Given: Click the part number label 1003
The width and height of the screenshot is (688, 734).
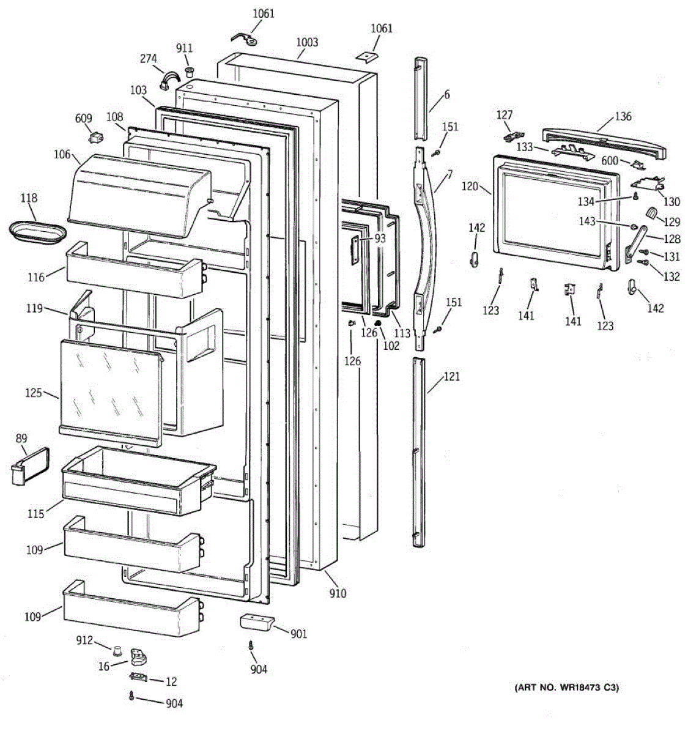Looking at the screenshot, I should point(307,42).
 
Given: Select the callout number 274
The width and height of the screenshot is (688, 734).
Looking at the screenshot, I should point(149,59).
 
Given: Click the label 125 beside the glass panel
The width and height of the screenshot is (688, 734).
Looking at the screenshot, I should point(34,393).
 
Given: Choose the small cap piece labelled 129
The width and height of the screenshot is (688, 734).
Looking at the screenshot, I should point(652,213).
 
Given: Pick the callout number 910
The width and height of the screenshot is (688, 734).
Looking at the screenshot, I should point(338,593).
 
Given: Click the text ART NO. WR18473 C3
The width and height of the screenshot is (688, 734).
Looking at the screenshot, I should point(566,688).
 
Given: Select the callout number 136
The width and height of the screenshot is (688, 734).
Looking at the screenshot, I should point(623,116).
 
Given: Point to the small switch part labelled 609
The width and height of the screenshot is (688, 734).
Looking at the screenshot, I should point(96,137).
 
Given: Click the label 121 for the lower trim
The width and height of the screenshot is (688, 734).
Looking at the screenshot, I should point(451,377).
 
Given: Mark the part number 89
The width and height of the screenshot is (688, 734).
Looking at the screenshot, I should point(21,438).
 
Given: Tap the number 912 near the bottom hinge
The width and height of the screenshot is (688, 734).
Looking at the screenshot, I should point(84,640).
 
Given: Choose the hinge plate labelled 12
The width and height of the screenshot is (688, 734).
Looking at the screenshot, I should point(139,677).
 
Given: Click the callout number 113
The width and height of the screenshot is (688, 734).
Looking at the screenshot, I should point(402,333).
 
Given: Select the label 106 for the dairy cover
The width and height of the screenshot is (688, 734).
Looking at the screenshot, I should point(62,155).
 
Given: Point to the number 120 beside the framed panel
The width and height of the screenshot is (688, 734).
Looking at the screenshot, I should point(470,186).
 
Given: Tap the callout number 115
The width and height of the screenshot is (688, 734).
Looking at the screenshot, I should point(35,514).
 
